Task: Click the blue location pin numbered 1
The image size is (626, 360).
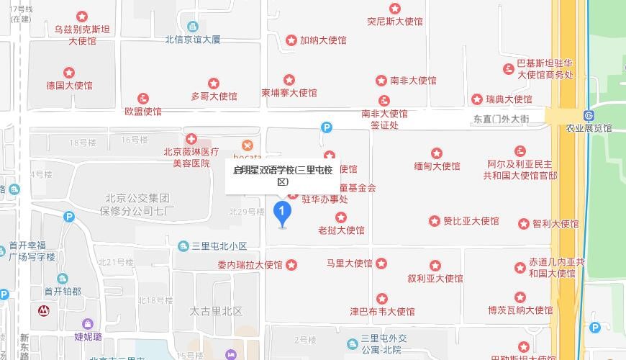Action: [x=283, y=212]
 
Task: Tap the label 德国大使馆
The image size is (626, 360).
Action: [x=70, y=86]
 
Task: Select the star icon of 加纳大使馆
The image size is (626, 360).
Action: [x=291, y=40]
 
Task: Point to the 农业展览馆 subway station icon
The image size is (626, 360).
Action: [x=589, y=115]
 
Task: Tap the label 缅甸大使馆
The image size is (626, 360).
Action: [x=437, y=166]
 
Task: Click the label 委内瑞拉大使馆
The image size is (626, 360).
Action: [x=250, y=265]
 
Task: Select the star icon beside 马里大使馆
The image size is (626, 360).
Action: [x=381, y=264]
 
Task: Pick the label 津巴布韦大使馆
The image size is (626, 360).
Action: [x=382, y=312]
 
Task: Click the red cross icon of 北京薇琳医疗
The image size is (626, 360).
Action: [x=191, y=139]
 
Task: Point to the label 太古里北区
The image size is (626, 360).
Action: [x=216, y=312]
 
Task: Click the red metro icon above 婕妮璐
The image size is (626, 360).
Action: [x=45, y=311]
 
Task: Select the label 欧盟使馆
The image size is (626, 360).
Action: [x=143, y=112]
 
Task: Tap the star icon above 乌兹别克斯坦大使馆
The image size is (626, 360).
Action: [x=82, y=16]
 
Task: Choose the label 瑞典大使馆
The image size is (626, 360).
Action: [x=509, y=99]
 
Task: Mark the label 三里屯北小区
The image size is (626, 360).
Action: [x=219, y=246]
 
